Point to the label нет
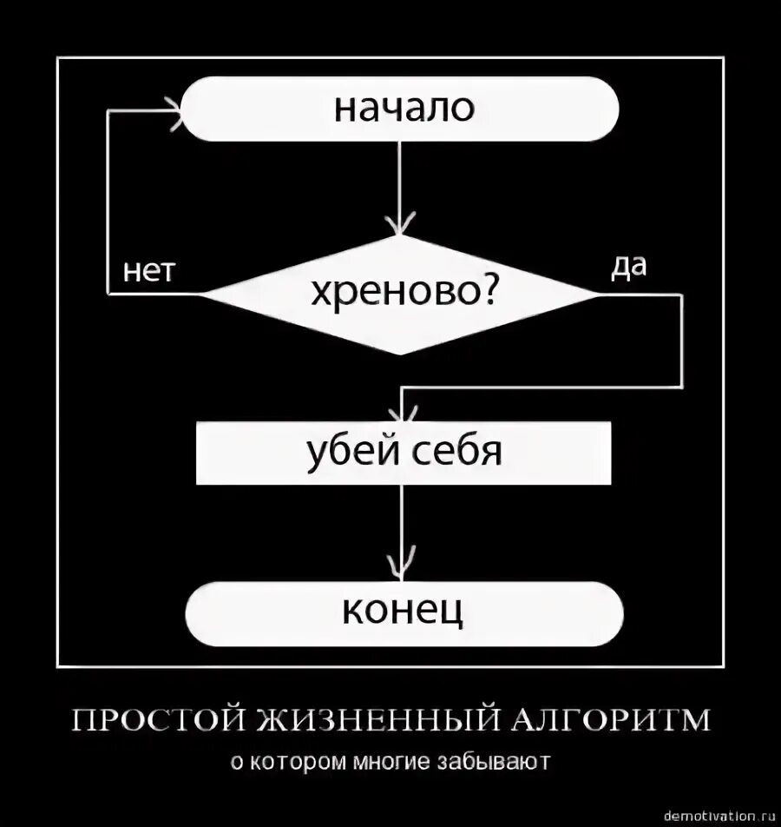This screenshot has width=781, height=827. tap(149, 271)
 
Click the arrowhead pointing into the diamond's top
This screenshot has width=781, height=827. tap(400, 228)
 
